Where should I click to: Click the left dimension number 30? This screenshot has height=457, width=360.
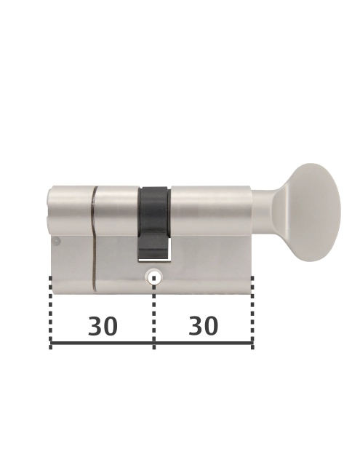(103, 327)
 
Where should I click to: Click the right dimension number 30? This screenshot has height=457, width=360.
(203, 326)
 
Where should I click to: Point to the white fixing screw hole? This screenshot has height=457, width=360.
(153, 277)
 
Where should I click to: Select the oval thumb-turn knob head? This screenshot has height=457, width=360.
(315, 212)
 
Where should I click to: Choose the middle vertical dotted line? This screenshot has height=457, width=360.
(153, 313)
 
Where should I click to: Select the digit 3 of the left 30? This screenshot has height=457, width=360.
(95, 327)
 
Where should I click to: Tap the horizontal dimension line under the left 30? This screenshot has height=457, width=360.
(102, 343)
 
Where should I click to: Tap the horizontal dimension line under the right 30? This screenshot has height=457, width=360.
(204, 343)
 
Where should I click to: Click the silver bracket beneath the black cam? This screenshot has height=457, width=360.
(153, 255)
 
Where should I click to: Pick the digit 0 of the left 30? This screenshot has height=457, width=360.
(111, 327)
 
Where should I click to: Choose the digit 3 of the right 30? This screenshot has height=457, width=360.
(195, 326)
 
